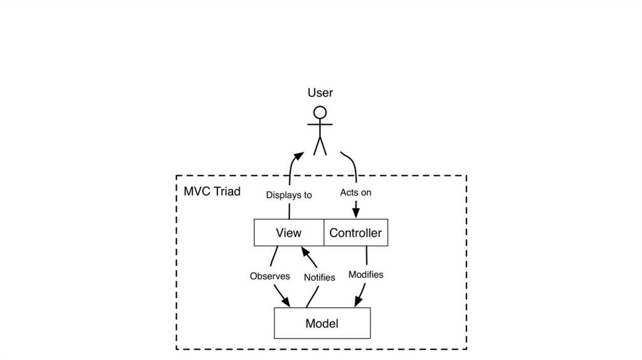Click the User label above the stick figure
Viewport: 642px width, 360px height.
pyautogui.click(x=320, y=93)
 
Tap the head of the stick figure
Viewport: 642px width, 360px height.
pyautogui.click(x=320, y=113)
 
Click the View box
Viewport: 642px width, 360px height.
pyautogui.click(x=288, y=233)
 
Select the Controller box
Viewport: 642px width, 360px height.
pyautogui.click(x=355, y=233)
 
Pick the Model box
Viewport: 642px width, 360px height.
pyautogui.click(x=322, y=324)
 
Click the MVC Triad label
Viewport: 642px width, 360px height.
pyautogui.click(x=212, y=191)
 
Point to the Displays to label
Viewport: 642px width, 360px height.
pyautogui.click(x=288, y=195)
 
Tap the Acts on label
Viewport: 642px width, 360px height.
pyautogui.click(x=355, y=193)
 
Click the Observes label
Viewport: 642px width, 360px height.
pyautogui.click(x=270, y=276)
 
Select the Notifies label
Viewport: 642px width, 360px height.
pyautogui.click(x=319, y=277)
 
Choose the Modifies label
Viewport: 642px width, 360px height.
pyautogui.click(x=366, y=275)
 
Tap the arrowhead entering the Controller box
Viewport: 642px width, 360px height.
pyautogui.click(x=355, y=213)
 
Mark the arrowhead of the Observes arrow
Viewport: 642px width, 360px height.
pyautogui.click(x=285, y=302)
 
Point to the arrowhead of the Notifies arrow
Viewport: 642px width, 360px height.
pyautogui.click(x=304, y=251)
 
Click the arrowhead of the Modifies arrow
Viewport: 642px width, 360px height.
pyautogui.click(x=359, y=302)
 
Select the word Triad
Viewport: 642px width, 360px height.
pyautogui.click(x=226, y=191)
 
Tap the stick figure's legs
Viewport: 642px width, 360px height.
pyautogui.click(x=320, y=146)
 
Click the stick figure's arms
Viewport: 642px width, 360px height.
pyautogui.click(x=320, y=124)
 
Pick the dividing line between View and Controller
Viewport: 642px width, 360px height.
pyautogui.click(x=324, y=233)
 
